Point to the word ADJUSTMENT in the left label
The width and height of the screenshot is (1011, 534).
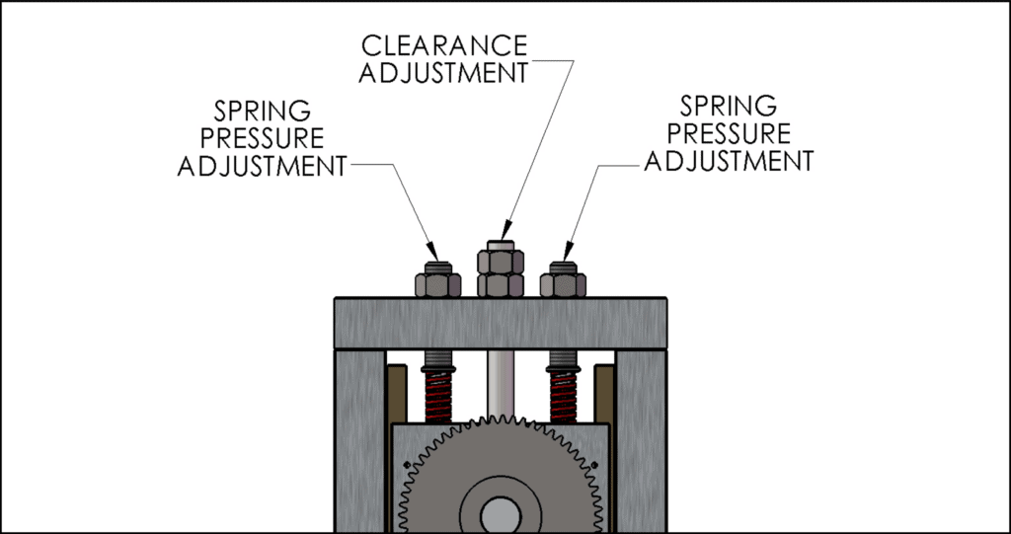tap(262, 165)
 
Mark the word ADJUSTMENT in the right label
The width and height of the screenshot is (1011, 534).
tap(729, 160)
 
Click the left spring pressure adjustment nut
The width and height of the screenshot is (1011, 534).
tap(437, 282)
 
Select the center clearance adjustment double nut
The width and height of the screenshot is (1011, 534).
tap(501, 271)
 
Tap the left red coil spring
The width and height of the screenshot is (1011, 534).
tap(437, 395)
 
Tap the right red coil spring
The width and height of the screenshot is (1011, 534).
tap(563, 395)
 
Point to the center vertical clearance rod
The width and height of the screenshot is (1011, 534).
tap(501, 380)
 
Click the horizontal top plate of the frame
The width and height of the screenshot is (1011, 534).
tap(501, 322)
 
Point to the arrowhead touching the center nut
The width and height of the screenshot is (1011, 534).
tap(505, 230)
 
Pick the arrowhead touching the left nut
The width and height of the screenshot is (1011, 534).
tap(431, 250)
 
